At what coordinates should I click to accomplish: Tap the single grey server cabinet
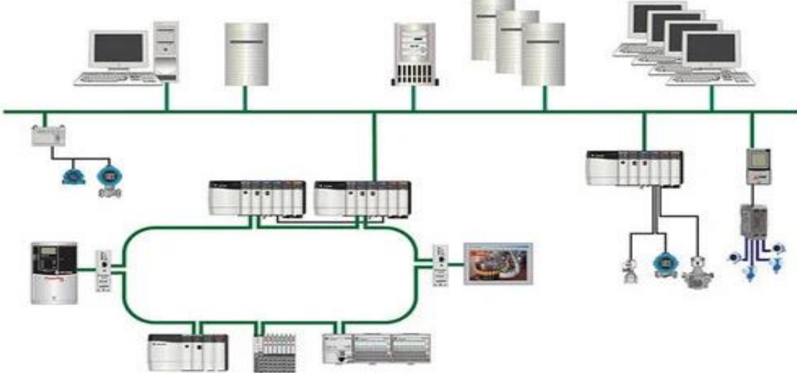tap(247, 54)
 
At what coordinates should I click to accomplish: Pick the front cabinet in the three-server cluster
tap(543, 54)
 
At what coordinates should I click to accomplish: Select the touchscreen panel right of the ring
tap(498, 263)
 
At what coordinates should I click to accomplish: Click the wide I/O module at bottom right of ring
tap(376, 349)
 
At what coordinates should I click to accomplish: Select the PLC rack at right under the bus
tap(634, 168)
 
